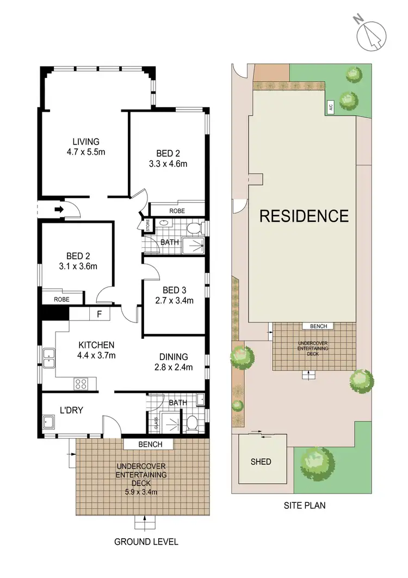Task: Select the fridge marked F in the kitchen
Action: click(x=99, y=314)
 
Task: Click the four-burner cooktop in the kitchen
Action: click(x=81, y=383)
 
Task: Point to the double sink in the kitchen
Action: click(x=49, y=358)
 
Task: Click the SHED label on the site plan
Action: click(x=261, y=461)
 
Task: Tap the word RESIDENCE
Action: click(x=304, y=216)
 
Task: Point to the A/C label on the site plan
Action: click(x=330, y=108)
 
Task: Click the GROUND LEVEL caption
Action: click(x=146, y=542)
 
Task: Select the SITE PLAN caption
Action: click(x=305, y=505)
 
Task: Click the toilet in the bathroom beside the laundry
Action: click(x=192, y=422)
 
